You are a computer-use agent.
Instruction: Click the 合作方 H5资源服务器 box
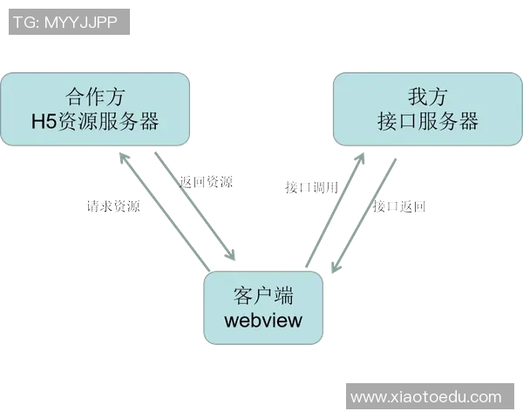tap(95, 108)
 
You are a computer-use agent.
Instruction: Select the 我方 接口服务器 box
tap(428, 108)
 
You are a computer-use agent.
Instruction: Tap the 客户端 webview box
tap(263, 307)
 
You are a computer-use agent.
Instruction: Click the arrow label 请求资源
tap(112, 207)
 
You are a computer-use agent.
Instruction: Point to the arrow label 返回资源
tap(206, 182)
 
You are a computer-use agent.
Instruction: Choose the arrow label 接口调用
tap(311, 186)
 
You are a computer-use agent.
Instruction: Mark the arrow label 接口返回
tap(399, 206)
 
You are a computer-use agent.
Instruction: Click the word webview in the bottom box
tap(263, 320)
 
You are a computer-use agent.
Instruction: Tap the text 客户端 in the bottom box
tap(263, 293)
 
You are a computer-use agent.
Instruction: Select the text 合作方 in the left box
tap(95, 95)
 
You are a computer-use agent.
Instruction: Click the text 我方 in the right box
tap(428, 95)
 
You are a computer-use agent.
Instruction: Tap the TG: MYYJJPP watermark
tap(69, 22)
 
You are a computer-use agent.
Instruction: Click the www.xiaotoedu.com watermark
tap(426, 397)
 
